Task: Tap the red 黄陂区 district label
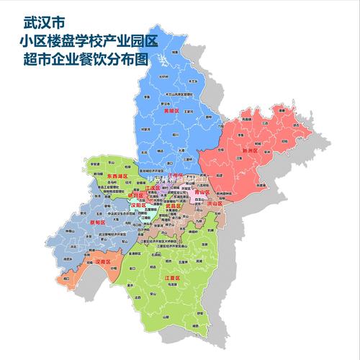(x=171, y=112)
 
